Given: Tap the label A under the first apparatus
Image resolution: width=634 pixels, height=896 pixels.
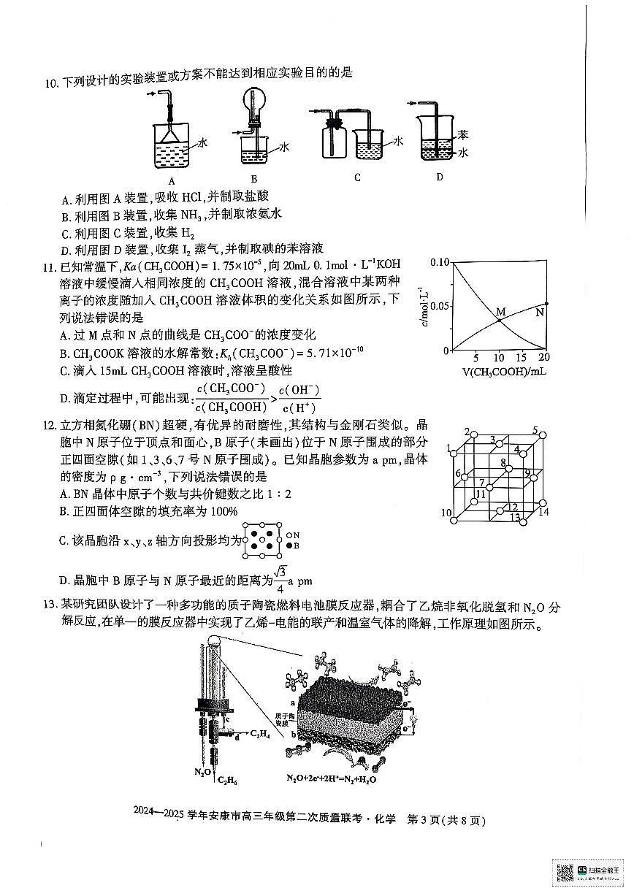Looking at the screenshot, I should coord(171,180).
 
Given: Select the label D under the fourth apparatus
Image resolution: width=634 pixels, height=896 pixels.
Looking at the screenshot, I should coord(439,176).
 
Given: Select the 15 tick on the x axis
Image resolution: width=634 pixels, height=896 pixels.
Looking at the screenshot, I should coord(521,359).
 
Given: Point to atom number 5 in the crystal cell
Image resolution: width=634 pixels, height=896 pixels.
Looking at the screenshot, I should coord(535,430).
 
